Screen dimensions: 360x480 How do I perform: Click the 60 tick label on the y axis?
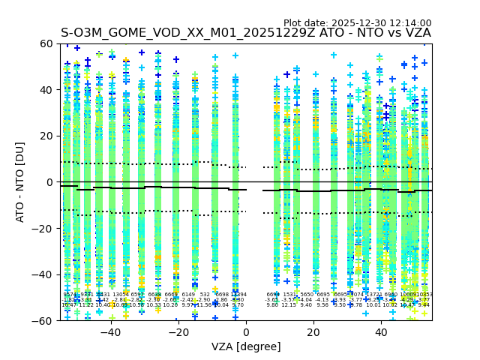[46, 43]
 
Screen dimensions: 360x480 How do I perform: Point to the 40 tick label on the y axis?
[46, 90]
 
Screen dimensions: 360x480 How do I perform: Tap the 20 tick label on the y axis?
[46, 136]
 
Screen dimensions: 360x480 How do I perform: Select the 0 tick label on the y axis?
[49, 182]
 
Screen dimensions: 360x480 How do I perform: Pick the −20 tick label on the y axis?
[43, 228]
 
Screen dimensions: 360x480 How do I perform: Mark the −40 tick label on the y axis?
[43, 274]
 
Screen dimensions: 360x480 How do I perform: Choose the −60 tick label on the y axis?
[43, 320]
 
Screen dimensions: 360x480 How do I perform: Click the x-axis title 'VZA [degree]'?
[246, 346]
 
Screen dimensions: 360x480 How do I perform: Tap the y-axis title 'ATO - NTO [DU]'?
[21, 182]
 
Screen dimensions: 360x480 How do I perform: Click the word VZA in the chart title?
[416, 33]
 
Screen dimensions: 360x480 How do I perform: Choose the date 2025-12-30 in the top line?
[356, 23]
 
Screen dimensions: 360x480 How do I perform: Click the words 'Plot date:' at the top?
[306, 23]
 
